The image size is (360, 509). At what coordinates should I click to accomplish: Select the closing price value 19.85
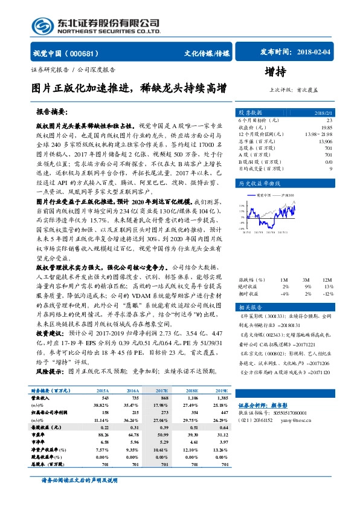326,127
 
